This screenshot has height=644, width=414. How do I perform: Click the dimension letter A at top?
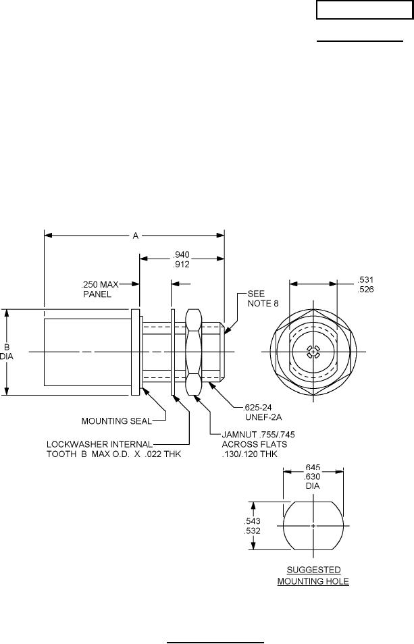pyautogui.click(x=136, y=236)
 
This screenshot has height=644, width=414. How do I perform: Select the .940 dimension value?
pyautogui.click(x=181, y=254)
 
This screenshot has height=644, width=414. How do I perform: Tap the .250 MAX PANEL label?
pyautogui.click(x=99, y=289)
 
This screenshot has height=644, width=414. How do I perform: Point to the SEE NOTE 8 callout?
pyautogui.click(x=263, y=298)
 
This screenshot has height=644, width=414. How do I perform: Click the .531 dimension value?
pyautogui.click(x=365, y=280)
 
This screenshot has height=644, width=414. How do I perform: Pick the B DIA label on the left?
pyautogui.click(x=7, y=352)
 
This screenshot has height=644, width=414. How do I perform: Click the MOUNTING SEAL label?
pyautogui.click(x=117, y=421)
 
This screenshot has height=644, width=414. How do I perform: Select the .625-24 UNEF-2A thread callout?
pyautogui.click(x=263, y=412)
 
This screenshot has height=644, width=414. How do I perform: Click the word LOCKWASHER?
pyautogui.click(x=73, y=444)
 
